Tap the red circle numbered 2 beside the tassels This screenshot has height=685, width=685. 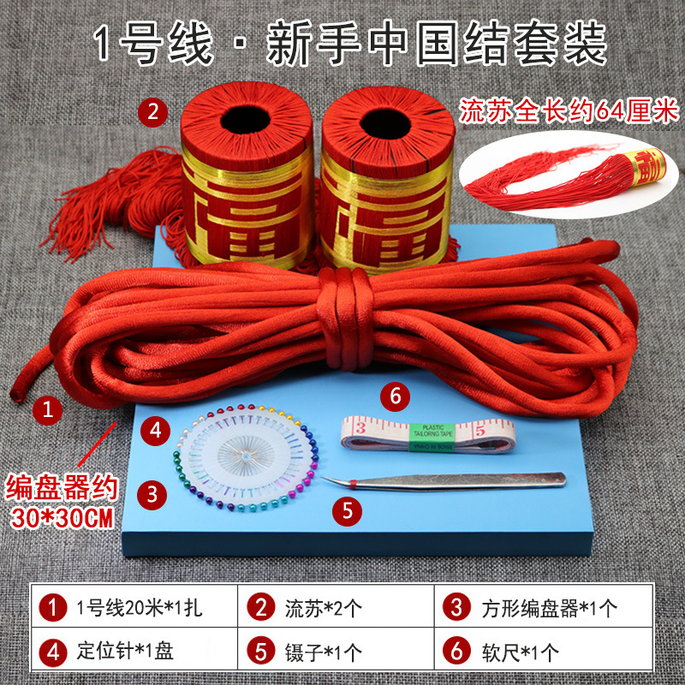[152, 110]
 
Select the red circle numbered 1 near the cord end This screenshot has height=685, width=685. [49, 410]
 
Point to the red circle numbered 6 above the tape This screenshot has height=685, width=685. [395, 396]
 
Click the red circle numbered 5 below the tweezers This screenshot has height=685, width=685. [347, 511]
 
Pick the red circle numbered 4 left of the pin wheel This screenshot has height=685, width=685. [153, 430]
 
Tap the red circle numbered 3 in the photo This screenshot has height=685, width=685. [152, 493]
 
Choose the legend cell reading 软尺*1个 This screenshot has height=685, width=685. [539, 652]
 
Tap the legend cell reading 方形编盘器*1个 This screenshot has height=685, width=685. [539, 609]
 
